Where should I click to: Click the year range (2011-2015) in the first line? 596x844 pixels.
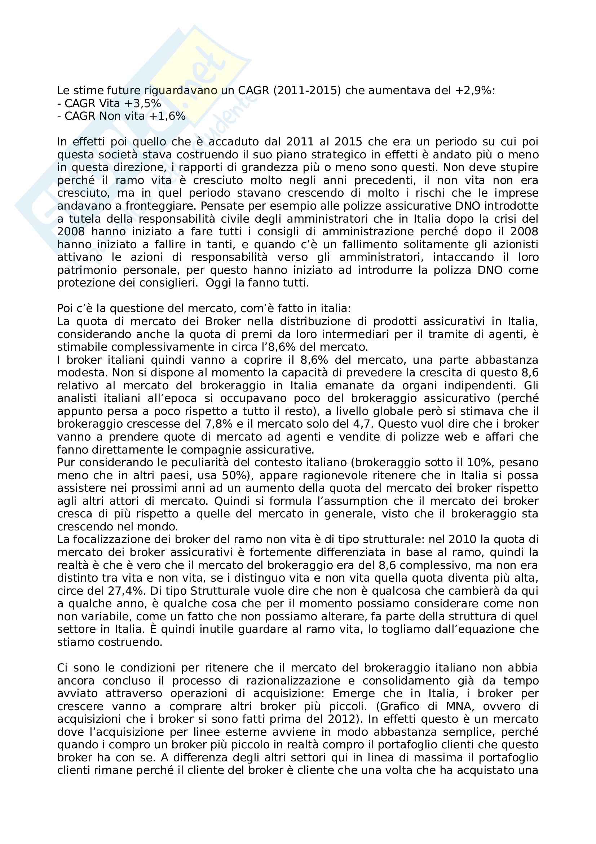tap(307, 91)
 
